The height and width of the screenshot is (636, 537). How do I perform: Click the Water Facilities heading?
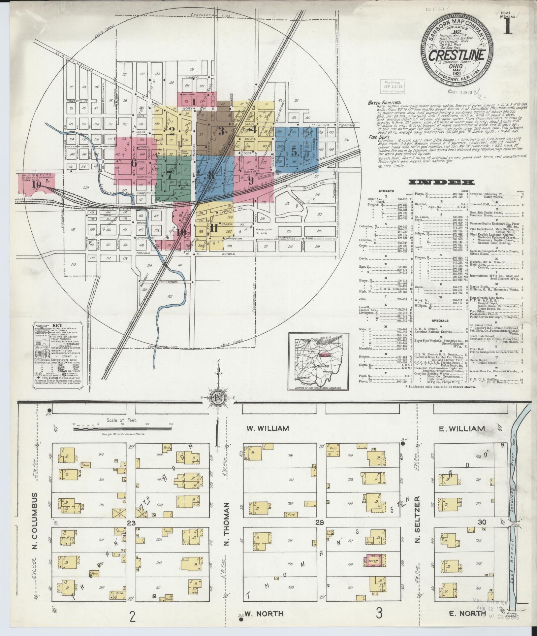click(x=384, y=103)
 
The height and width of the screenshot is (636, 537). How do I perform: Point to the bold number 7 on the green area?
click(x=169, y=174)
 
